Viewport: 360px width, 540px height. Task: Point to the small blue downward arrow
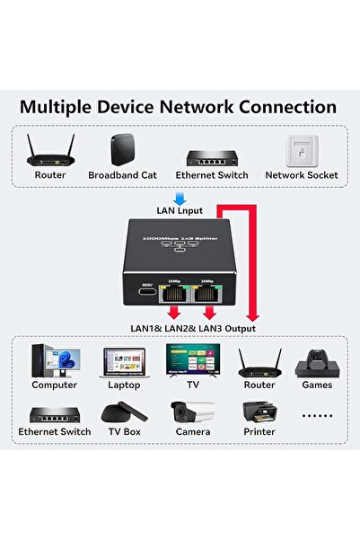click(x=180, y=198)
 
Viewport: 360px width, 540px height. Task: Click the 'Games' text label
click(x=317, y=385)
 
